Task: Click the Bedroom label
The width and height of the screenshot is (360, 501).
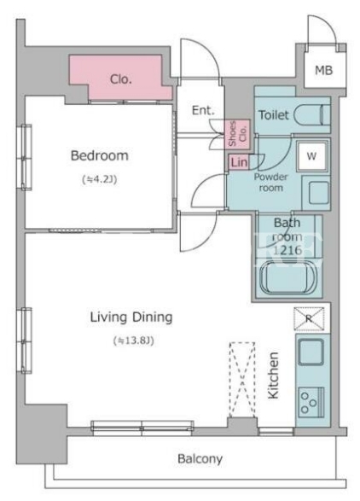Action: coord(99,156)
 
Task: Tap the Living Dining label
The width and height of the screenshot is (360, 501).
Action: coord(131,317)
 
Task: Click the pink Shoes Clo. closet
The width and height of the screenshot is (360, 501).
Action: coord(237,133)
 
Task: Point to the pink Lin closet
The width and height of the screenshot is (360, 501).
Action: coord(239,162)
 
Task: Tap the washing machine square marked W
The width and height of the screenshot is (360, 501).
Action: coord(311,156)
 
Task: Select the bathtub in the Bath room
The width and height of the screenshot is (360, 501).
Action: coord(288,277)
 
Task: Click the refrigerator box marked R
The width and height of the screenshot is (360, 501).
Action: coord(309,319)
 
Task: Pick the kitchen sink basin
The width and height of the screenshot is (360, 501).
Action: coord(311,352)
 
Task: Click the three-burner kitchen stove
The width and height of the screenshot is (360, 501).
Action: coord(311,402)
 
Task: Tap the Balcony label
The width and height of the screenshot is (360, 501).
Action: coord(200,459)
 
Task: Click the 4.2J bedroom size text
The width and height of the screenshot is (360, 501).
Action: coord(100,179)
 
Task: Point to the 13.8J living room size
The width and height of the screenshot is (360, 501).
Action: coord(134,341)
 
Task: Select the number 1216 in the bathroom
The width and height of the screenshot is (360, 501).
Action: coord(287,250)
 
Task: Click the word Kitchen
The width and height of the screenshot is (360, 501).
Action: coord(274,376)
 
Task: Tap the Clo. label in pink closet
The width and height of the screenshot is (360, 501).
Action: coord(121,79)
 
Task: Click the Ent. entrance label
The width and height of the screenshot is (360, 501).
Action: coord(203,110)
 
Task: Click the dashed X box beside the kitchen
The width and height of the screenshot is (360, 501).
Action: coord(242,380)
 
